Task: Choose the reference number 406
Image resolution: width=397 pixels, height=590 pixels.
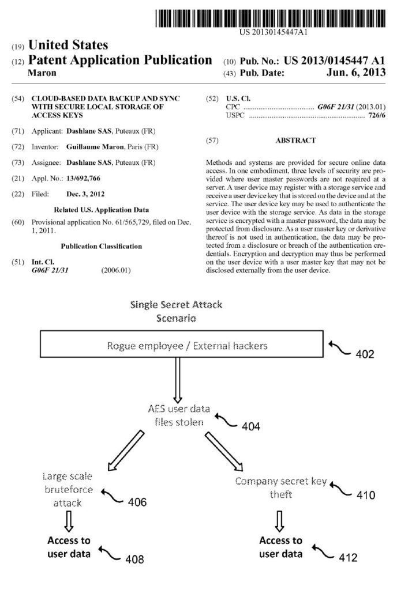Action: (x=137, y=502)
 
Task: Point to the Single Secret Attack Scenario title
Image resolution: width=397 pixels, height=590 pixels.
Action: (x=176, y=311)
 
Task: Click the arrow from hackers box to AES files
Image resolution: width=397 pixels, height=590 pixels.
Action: (x=177, y=383)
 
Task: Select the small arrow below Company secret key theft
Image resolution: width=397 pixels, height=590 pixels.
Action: (x=280, y=521)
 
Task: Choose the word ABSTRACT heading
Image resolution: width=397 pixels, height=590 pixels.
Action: (x=295, y=140)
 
